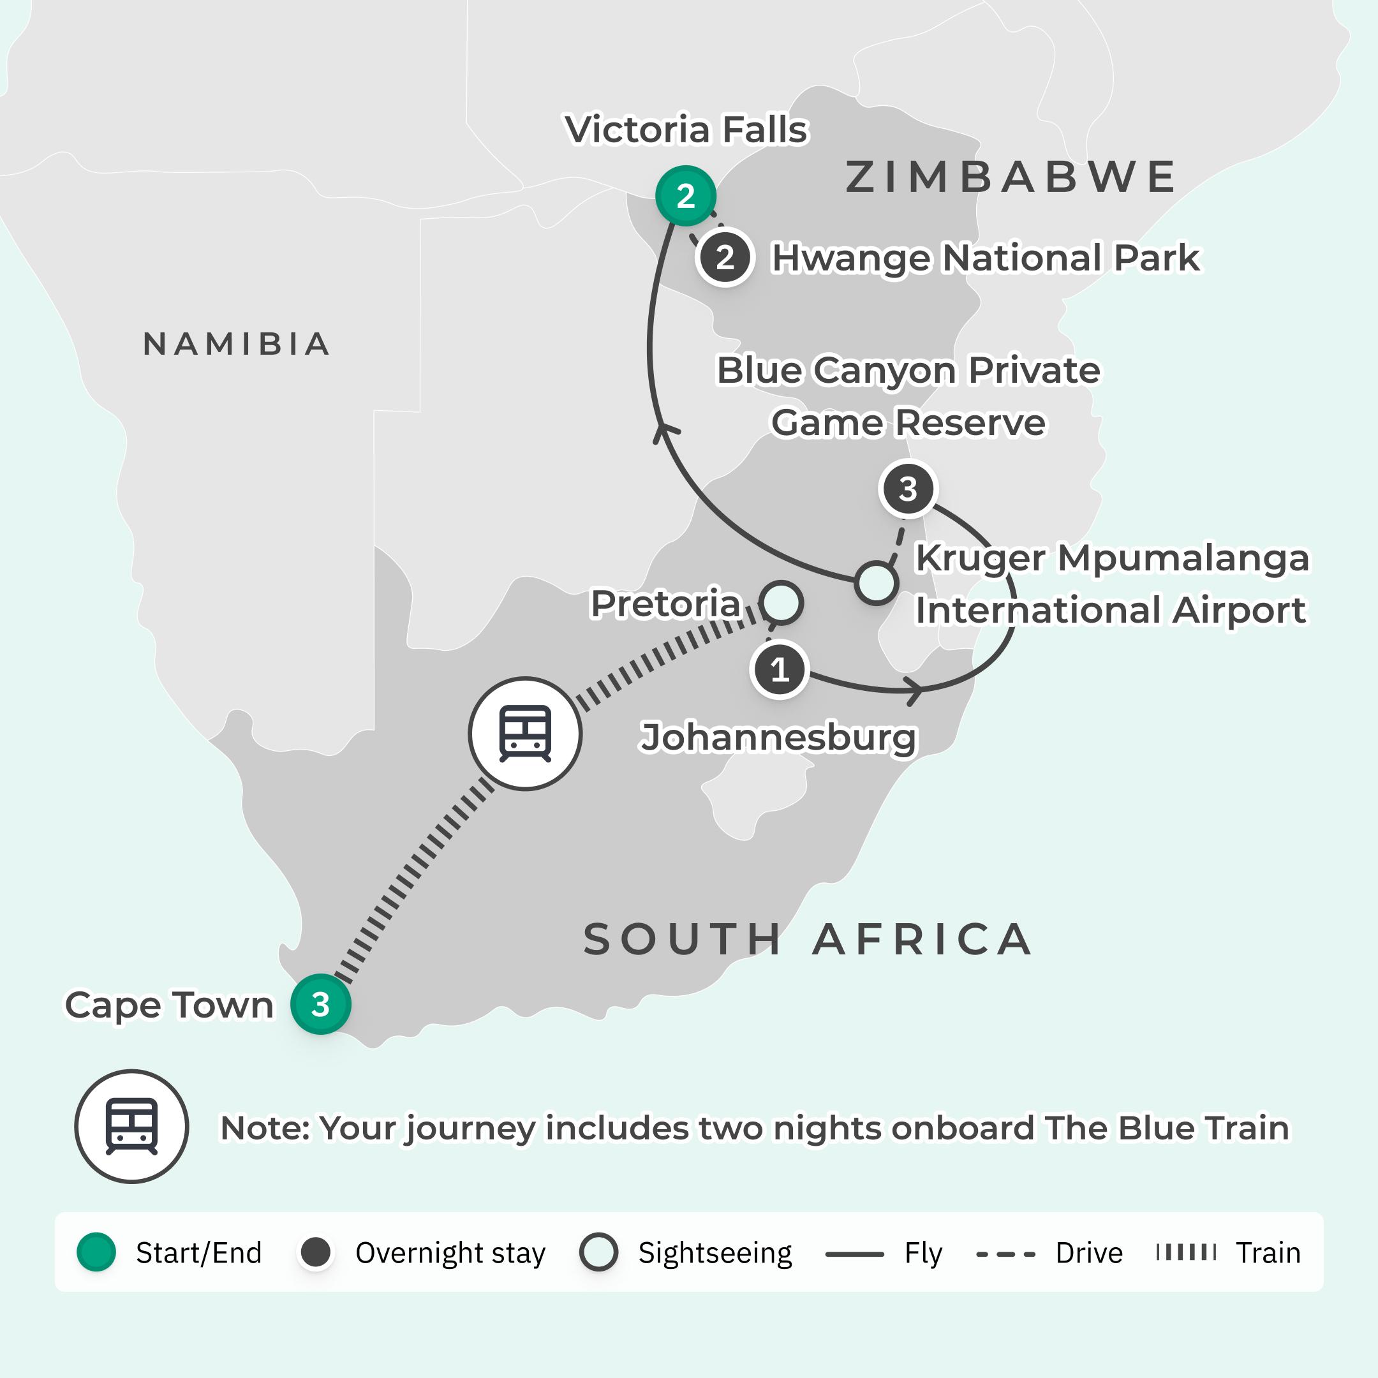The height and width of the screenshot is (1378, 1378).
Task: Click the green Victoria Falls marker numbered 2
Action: point(685,195)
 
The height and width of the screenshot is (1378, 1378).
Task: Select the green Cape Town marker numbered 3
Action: point(320,1004)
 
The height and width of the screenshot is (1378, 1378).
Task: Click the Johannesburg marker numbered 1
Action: point(779,670)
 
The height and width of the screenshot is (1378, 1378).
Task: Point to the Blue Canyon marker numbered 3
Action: point(907,489)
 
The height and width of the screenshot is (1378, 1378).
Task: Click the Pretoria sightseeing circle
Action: point(781,603)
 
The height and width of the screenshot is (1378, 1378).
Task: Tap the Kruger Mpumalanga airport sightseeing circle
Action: point(876,582)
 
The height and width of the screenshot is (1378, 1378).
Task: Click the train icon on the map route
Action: point(525,733)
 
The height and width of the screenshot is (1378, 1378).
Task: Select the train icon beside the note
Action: point(131,1126)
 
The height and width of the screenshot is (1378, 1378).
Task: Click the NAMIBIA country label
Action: point(236,344)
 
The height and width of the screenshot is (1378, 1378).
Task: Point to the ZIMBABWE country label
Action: point(1011,177)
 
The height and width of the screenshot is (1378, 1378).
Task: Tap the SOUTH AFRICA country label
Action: point(808,938)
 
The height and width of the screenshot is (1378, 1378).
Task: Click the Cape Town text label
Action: point(169,1004)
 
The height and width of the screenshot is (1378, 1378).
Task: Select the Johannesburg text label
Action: point(778,737)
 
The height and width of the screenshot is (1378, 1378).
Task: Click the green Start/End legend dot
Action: point(96,1252)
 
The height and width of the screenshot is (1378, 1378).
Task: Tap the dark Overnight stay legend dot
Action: point(316,1252)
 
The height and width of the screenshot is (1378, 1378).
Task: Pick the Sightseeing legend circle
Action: point(598,1252)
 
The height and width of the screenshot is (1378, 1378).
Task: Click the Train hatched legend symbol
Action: point(1185,1252)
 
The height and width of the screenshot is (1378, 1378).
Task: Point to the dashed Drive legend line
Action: point(1005,1254)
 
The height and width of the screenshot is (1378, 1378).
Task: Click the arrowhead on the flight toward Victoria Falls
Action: point(665,430)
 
